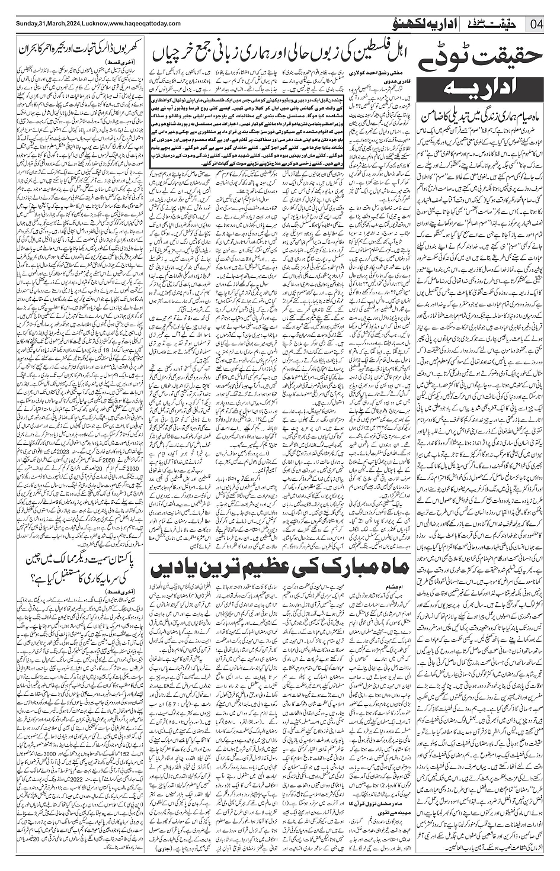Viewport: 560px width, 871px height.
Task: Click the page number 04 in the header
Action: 537,24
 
